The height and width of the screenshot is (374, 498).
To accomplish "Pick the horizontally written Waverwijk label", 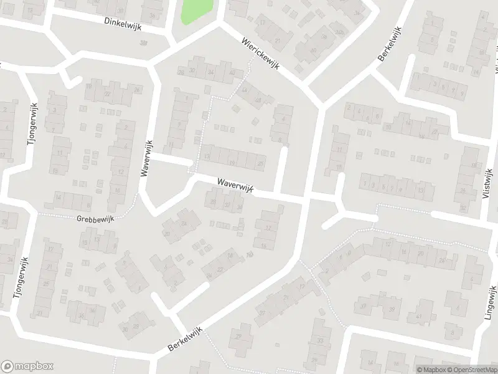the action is point(233,185).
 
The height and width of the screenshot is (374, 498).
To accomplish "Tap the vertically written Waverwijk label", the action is point(147,160).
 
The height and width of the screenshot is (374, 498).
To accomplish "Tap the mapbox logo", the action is point(27,366).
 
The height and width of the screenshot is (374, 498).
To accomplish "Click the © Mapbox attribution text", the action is point(431,369).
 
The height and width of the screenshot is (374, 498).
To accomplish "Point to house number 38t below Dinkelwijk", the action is point(144,42).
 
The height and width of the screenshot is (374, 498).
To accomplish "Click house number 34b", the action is point(340,32).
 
